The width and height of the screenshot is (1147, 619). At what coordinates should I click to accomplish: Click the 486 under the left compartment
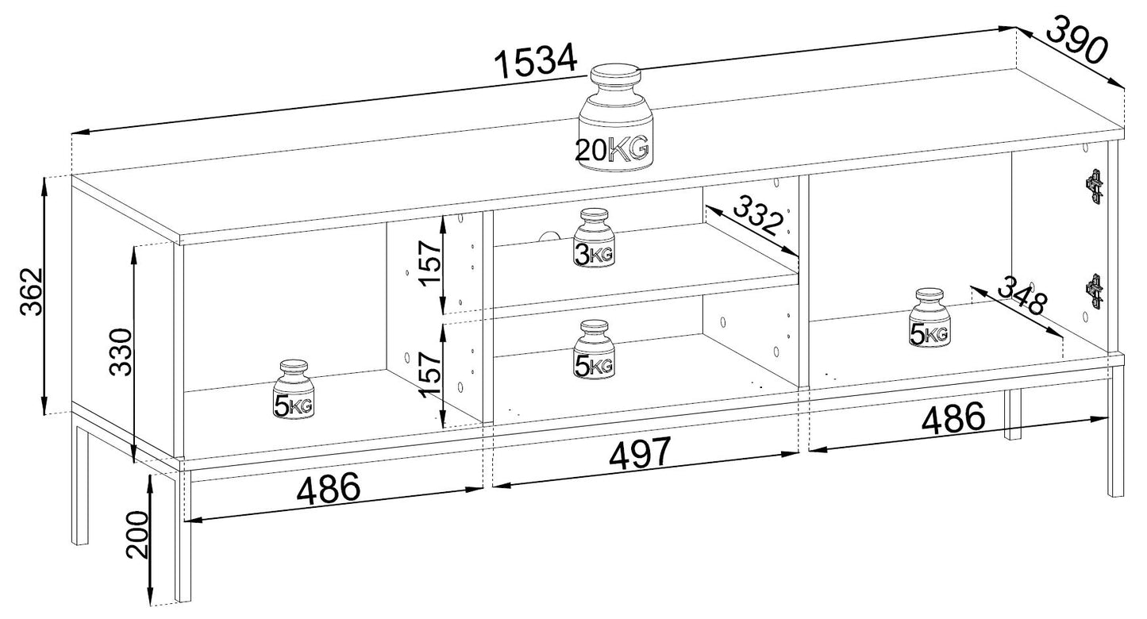(329, 490)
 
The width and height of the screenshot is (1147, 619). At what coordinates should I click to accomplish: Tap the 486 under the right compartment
(953, 418)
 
